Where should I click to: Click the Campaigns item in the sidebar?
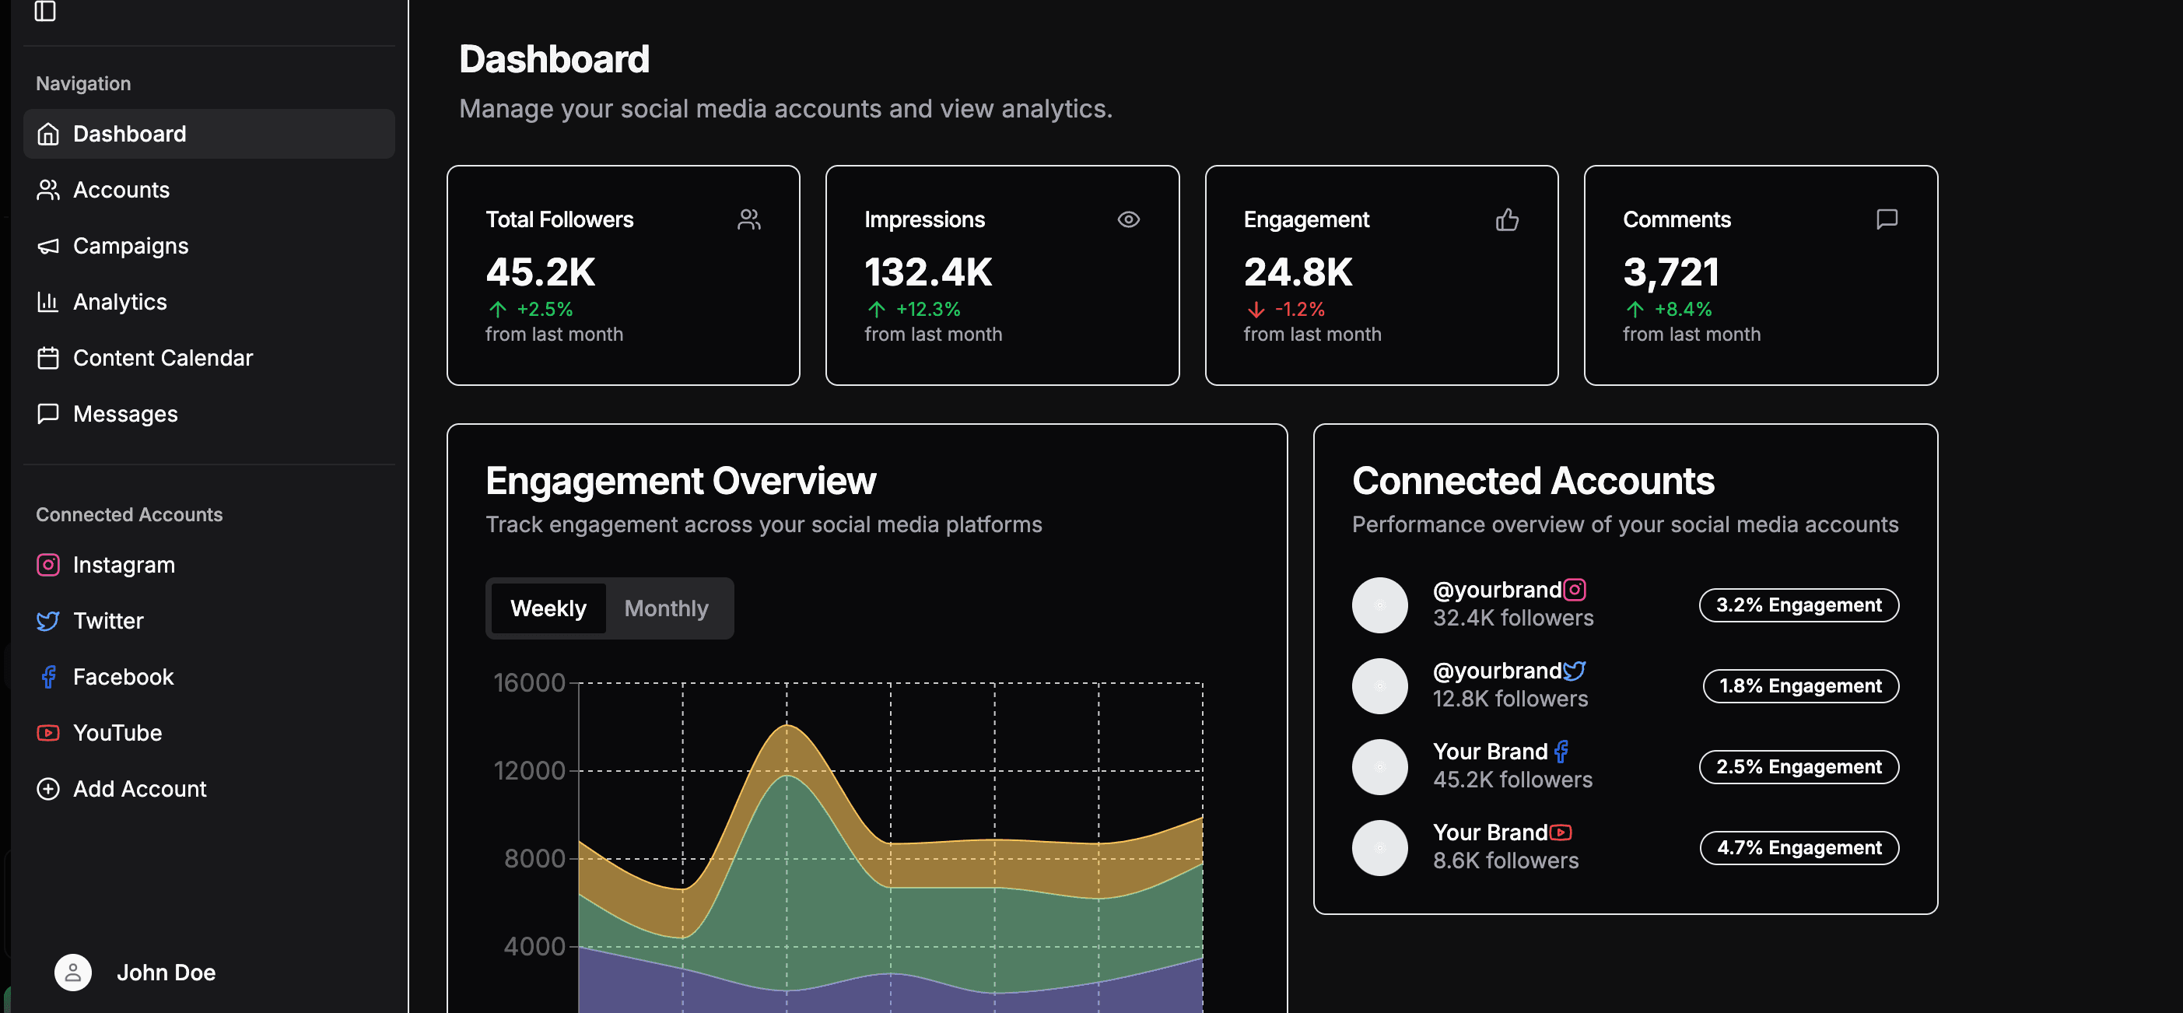point(131,246)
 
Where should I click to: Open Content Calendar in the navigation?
point(163,358)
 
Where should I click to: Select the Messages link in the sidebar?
point(124,414)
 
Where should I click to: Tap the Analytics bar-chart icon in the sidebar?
point(48,302)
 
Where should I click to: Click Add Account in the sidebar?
point(139,788)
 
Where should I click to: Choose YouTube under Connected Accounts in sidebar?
point(117,732)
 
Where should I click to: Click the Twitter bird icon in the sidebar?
point(48,621)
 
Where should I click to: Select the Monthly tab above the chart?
point(666,608)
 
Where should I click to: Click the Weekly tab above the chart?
point(548,608)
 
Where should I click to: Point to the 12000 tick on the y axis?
point(530,770)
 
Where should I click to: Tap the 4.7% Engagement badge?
point(1799,848)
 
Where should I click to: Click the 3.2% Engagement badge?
point(1799,605)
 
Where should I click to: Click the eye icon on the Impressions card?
point(1128,219)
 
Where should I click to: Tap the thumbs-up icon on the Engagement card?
point(1507,219)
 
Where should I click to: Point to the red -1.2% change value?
point(1299,310)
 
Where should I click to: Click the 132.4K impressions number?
point(929,272)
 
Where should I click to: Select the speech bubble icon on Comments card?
point(1887,219)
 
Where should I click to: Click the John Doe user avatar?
point(73,973)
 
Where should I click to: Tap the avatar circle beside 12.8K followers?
point(1379,685)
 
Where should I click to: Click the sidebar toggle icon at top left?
point(45,11)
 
